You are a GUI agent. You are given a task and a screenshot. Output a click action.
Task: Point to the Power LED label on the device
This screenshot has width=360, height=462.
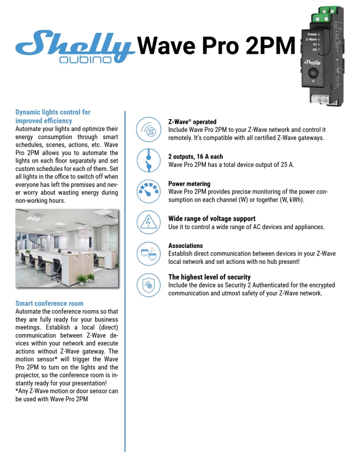[x=312, y=34]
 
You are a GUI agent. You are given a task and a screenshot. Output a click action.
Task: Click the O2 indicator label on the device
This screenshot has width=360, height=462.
[x=314, y=49]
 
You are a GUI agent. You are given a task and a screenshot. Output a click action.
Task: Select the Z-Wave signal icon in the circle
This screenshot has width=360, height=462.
[x=149, y=129]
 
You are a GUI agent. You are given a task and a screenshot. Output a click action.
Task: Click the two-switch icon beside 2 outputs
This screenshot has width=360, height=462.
[x=149, y=160]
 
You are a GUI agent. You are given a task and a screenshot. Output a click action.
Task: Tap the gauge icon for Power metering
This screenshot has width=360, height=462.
[x=149, y=191]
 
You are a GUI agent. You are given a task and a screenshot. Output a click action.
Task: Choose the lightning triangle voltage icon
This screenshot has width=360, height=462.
[x=149, y=222]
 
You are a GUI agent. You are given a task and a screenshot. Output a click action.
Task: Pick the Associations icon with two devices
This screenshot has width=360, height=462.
[x=149, y=253]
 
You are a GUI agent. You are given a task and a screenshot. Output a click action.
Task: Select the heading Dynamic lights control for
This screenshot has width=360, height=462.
[x=53, y=112]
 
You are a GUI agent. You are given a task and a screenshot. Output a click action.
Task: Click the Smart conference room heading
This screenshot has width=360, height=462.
[x=49, y=303]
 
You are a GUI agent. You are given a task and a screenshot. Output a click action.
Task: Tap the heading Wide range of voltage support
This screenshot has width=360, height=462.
[x=212, y=219]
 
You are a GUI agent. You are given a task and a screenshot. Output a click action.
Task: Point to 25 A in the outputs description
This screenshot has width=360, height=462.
[x=288, y=165]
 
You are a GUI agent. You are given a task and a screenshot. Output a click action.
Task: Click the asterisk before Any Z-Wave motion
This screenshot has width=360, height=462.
[x=17, y=391]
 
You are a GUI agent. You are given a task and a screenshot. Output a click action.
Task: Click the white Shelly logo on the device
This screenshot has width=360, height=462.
[x=313, y=62]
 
